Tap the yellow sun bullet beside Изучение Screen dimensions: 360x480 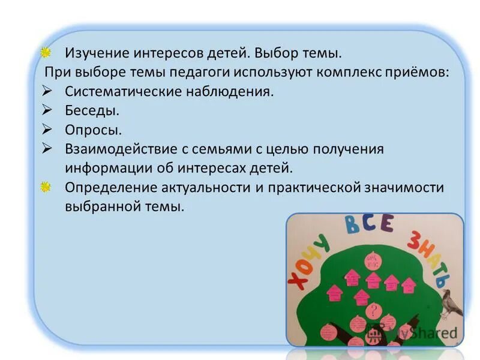pos(46,53)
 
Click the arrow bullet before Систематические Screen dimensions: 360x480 pos(49,92)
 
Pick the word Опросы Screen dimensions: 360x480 pos(94,130)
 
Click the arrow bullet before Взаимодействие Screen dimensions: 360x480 pos(49,148)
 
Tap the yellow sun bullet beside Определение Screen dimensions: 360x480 pos(46,187)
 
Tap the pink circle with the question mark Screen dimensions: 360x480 pos(373,311)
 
